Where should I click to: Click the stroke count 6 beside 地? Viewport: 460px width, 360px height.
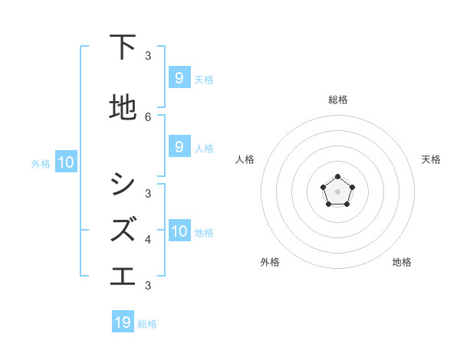tap(148, 116)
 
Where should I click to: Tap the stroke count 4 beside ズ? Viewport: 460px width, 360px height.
tap(148, 239)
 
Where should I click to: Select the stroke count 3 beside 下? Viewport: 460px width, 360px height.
tap(148, 55)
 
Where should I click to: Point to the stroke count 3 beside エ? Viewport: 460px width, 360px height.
tap(148, 285)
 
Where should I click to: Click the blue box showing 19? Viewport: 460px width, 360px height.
tap(123, 322)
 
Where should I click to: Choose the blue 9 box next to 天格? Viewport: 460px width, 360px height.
tap(179, 77)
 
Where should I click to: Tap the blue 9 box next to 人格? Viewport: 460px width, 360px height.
tap(179, 146)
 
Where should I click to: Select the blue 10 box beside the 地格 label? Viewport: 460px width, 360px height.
tap(179, 231)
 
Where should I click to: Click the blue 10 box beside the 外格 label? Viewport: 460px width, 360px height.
tap(65, 162)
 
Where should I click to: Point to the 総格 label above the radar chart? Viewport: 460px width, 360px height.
tap(337, 100)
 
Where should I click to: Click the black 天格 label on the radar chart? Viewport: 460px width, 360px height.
tap(431, 159)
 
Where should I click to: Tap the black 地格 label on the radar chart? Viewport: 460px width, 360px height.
tap(402, 262)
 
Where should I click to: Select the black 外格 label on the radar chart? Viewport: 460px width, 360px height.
tap(270, 262)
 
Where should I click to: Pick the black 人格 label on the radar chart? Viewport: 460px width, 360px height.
tap(245, 159)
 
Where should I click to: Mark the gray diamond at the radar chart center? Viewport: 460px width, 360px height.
tap(337, 191)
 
